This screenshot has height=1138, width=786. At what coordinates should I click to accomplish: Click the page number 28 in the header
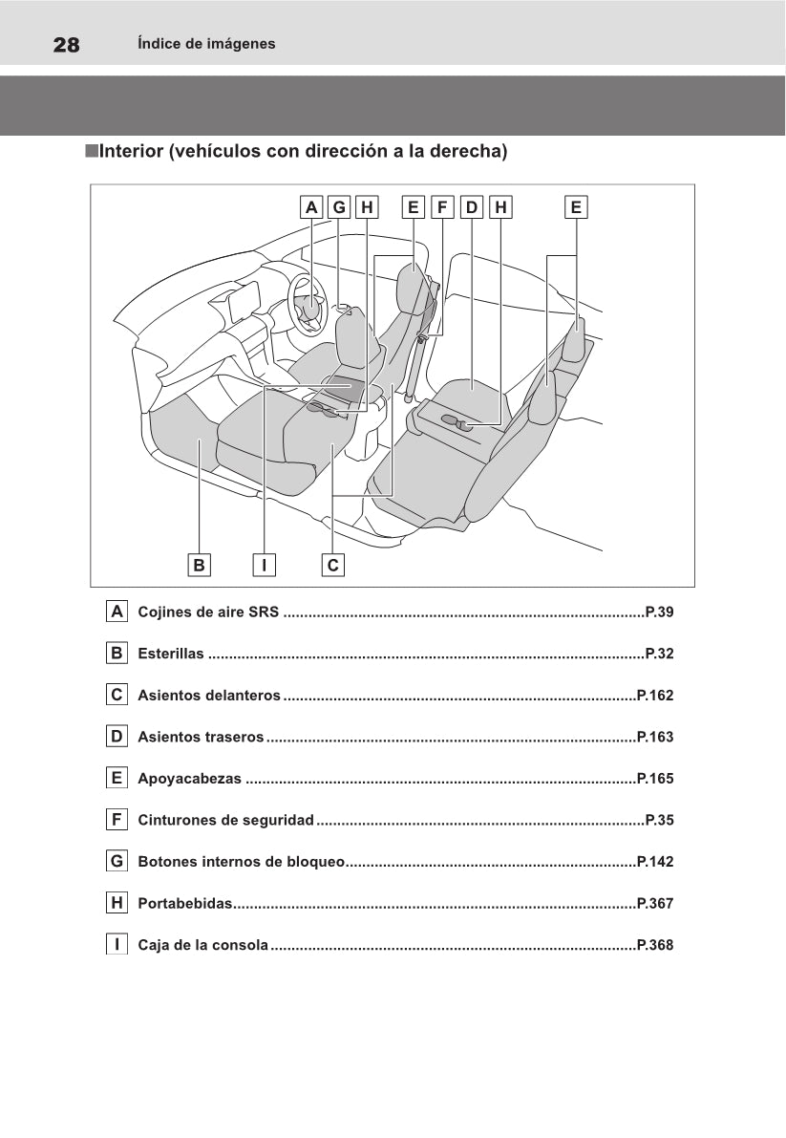pos(66,45)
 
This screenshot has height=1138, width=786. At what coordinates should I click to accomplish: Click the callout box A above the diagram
pos(311,207)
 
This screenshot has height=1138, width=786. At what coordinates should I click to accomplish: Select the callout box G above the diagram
pos(339,207)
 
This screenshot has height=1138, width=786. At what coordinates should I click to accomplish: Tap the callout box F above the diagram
pos(442,207)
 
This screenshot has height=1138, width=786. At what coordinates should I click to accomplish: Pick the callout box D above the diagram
pos(471,207)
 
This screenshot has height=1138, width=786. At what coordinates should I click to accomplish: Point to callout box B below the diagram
pos(199,565)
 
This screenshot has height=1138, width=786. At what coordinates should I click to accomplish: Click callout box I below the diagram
pos(265,565)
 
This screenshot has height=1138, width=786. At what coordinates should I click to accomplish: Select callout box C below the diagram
pos(332,565)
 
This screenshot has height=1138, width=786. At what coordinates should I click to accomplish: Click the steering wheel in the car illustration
pos(306,303)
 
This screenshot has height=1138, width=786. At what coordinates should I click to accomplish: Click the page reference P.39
pos(660,612)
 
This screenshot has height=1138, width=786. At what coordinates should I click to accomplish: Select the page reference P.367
pos(655,904)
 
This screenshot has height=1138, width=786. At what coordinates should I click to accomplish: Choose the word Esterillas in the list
pos(171,654)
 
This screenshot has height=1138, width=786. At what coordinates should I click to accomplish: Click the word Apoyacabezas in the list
pos(189,779)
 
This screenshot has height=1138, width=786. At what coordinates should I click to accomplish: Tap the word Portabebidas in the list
pos(185,904)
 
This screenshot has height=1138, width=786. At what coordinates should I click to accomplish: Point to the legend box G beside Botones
pos(117,861)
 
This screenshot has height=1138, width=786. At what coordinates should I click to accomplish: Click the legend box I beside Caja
pos(117,944)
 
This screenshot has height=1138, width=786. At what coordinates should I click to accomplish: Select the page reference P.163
pos(655,737)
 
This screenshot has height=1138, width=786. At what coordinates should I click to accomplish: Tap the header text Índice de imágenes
pos(206,44)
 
